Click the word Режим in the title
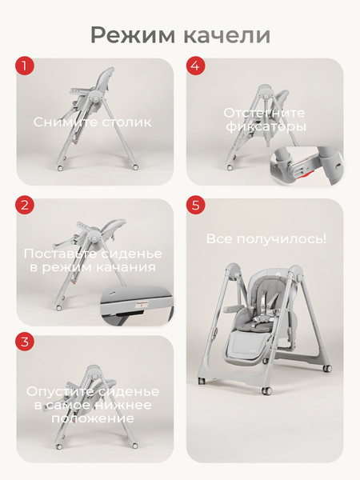click(x=133, y=36)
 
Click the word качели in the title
click(x=227, y=35)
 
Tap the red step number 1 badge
click(x=25, y=66)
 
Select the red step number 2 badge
click(x=25, y=205)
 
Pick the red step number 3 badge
click(x=25, y=342)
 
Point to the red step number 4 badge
click(x=196, y=66)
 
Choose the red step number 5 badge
click(x=196, y=205)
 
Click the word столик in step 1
click(x=126, y=122)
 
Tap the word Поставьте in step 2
click(x=60, y=254)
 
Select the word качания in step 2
click(x=126, y=267)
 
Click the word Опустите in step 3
click(x=58, y=391)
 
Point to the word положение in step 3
click(x=93, y=418)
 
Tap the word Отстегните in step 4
click(x=264, y=113)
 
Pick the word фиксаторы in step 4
click(x=266, y=126)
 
